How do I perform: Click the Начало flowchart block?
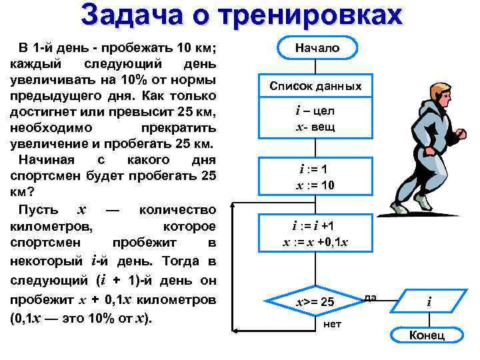pyautogui.click(x=317, y=48)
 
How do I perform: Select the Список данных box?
pyautogui.click(x=315, y=86)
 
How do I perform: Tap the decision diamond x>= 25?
pyautogui.click(x=315, y=303)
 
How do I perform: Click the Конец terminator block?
pyautogui.click(x=427, y=335)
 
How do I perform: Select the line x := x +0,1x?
pyautogui.click(x=315, y=242)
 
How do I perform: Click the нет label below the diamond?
pyautogui.click(x=331, y=325)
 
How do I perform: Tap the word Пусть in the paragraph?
pyautogui.click(x=37, y=210)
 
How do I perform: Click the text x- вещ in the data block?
pyautogui.click(x=315, y=127)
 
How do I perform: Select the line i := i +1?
pyautogui.click(x=315, y=226)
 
